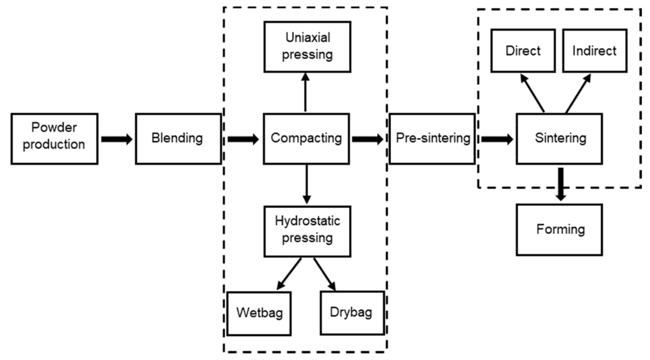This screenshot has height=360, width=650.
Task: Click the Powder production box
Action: pos(55,138)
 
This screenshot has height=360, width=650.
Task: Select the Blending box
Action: pos(178,138)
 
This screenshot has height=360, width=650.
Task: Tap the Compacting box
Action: pos(307,138)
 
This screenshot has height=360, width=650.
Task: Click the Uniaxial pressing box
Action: pos(307,47)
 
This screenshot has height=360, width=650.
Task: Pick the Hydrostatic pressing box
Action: pos(307,230)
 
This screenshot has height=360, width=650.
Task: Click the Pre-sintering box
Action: pos(432,138)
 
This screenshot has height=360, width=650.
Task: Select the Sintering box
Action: pos(560,138)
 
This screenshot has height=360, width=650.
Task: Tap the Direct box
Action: pos(523,51)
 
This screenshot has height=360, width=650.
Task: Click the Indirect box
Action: pos(594,51)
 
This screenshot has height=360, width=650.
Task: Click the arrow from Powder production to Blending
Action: pos(116,139)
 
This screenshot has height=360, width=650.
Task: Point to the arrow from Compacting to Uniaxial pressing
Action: pos(306,93)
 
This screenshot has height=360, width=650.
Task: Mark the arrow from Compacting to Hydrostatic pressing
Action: pos(307,185)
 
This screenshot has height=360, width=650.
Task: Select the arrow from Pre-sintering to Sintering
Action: pos(497,139)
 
